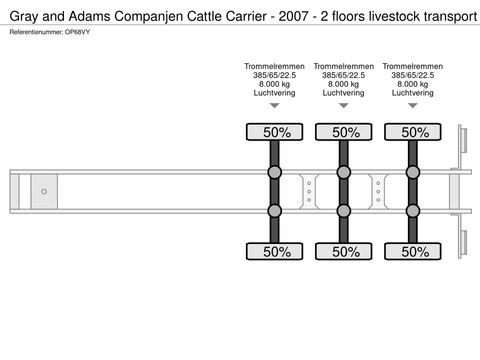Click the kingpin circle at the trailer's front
pos(44,190)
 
